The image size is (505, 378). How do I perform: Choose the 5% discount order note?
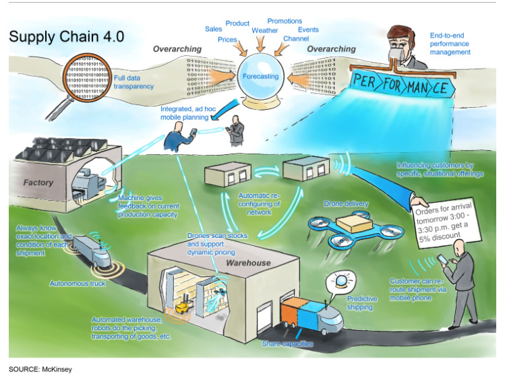pos(448,220)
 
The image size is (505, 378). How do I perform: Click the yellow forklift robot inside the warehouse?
pos(183,307)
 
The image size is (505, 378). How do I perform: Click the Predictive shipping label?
pos(361,303)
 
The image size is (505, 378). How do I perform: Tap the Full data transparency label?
pos(133,82)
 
